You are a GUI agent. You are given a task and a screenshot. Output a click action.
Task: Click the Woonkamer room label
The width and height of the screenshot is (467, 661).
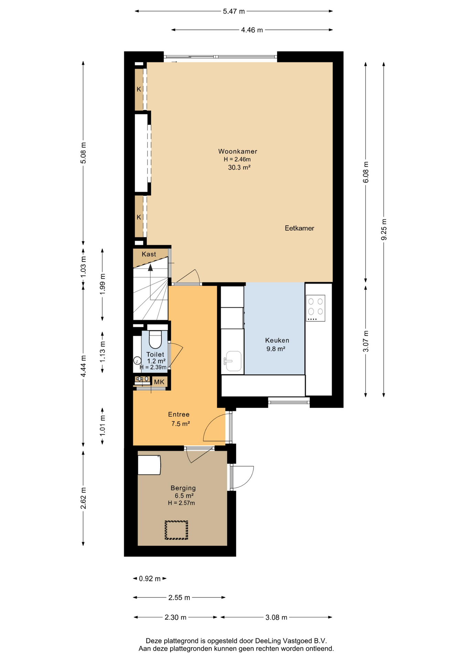coord(238,151)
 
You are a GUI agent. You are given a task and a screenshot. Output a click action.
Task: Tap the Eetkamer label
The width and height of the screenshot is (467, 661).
coord(299,228)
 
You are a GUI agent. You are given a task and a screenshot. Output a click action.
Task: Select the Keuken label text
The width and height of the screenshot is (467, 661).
coord(277,340)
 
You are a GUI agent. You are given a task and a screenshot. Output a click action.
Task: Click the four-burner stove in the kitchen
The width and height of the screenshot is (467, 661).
coord(315,308)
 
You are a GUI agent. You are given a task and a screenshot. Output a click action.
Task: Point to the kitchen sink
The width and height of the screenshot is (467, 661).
coord(232,361)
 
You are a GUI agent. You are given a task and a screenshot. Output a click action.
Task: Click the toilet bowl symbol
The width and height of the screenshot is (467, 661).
coord(155,340)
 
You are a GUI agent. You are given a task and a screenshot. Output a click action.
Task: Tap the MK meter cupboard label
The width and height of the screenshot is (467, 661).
coord(159,382)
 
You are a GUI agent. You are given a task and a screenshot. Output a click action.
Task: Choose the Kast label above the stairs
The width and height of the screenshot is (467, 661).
coord(149,254)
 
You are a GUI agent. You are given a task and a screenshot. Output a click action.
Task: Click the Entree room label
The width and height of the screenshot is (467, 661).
coord(179,415)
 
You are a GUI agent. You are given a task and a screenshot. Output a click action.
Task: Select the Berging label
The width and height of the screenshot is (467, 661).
coord(183,488)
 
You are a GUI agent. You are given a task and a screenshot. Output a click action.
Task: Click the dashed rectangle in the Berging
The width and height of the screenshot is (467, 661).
coord(176,530)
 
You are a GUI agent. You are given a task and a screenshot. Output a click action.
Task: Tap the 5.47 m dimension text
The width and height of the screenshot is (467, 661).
coord(234,11)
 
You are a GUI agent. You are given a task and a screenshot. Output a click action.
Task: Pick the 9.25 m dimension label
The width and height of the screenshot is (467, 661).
coord(384,230)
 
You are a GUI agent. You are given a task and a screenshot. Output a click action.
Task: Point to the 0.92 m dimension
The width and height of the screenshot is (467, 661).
coord(150,579)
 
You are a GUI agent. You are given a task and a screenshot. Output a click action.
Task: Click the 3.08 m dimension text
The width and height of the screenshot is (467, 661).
coord(276,617)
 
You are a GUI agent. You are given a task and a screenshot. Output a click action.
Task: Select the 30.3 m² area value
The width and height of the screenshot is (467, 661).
coord(239,168)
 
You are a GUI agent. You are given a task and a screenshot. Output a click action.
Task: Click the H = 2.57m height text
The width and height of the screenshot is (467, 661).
coord(181,503)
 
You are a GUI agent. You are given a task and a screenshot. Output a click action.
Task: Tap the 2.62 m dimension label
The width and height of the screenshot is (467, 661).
coord(83,498)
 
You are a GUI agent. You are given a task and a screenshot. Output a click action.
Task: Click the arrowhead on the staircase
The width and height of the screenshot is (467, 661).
coord(150,267)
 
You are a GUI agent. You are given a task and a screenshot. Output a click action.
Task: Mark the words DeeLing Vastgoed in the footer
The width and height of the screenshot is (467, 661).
coord(283,641)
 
